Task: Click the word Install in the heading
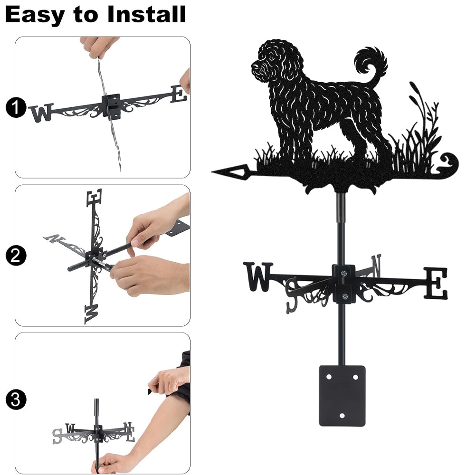(146, 14)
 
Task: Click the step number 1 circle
(15, 107)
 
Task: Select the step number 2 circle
(15, 256)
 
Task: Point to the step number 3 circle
(15, 399)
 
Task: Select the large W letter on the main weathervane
(258, 276)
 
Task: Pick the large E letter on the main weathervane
(435, 283)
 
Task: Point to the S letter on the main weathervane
(292, 295)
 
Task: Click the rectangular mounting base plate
(342, 396)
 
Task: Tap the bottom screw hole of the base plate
(342, 416)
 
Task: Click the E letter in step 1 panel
(179, 94)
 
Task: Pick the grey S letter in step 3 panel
(57, 436)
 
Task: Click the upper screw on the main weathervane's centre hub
(343, 274)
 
